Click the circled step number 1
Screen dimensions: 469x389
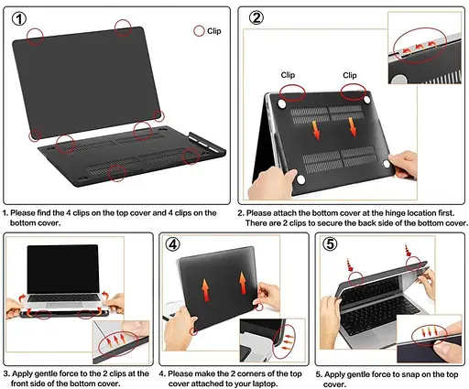point(19,19)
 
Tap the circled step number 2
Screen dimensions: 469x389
point(256,18)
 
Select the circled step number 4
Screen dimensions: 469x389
point(173,244)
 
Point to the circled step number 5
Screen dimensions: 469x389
point(330,244)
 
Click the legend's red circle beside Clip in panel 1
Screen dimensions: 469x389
point(199,31)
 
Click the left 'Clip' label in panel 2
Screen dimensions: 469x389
point(288,75)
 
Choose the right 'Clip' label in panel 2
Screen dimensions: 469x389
point(350,75)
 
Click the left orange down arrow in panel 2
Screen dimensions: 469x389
point(316,130)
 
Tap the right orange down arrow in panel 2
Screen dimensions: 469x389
point(353,127)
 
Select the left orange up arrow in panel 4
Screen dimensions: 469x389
point(205,290)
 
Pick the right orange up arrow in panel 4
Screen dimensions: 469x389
point(243,283)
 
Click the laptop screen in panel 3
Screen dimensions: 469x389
point(63,269)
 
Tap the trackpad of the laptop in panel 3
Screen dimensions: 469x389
point(63,305)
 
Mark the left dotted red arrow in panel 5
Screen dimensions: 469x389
point(350,265)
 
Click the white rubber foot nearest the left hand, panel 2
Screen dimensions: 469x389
point(300,179)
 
